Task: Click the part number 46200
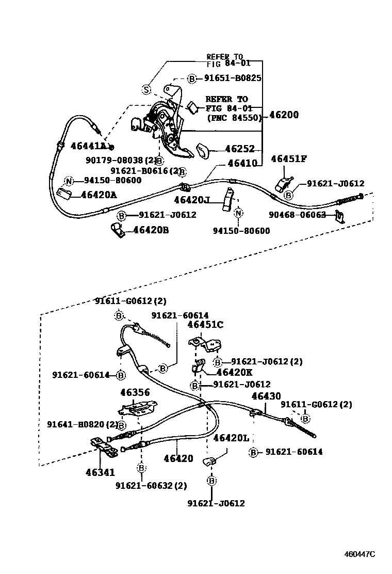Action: click(283, 115)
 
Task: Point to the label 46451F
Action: click(289, 159)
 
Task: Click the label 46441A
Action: click(88, 146)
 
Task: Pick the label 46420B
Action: click(151, 230)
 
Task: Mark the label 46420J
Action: click(191, 200)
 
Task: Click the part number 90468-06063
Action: click(297, 215)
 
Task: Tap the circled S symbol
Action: click(146, 89)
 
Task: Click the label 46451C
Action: click(205, 325)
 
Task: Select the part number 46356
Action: click(135, 393)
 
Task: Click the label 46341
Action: click(101, 472)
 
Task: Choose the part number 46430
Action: click(266, 396)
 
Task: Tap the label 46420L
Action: click(231, 438)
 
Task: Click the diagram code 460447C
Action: click(360, 554)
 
